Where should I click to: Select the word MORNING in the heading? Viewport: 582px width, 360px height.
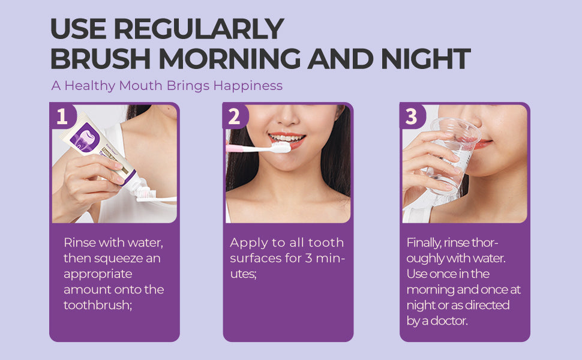click(229, 59)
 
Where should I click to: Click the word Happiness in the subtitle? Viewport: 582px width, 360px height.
click(248, 86)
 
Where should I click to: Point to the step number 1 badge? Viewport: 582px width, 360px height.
click(62, 116)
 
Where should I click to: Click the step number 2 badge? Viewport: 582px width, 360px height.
click(235, 116)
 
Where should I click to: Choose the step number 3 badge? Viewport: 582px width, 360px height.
click(412, 116)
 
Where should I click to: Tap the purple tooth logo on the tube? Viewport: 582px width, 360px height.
click(85, 137)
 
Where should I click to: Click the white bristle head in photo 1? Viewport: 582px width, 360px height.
click(145, 194)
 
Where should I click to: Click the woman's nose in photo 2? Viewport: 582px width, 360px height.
click(288, 117)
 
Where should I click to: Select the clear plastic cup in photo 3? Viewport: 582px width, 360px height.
click(450, 157)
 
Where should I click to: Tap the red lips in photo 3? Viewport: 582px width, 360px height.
click(483, 143)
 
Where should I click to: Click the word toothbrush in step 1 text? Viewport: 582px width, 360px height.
click(96, 305)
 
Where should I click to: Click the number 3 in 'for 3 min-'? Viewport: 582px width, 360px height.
click(308, 259)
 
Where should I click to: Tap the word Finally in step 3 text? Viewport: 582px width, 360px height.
click(424, 243)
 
